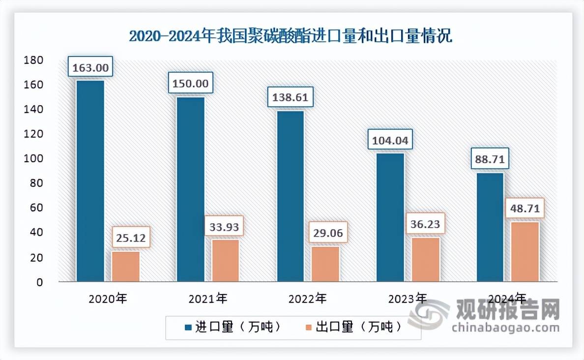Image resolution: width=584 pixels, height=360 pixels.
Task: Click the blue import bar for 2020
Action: pyautogui.click(x=90, y=181)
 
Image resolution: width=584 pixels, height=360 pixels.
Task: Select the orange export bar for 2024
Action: pyautogui.click(x=525, y=252)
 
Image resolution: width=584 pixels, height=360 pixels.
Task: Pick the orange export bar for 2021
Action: pyautogui.click(x=225, y=261)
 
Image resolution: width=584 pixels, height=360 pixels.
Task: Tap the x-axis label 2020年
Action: pyautogui.click(x=108, y=298)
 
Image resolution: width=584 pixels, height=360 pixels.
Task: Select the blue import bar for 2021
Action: pyautogui.click(x=190, y=190)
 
